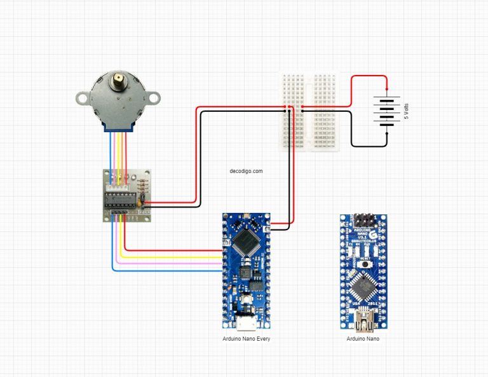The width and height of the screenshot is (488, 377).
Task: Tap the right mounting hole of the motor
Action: [154, 97]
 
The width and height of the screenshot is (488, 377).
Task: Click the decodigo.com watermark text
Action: [246, 171]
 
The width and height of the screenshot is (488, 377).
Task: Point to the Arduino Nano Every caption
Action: [246, 339]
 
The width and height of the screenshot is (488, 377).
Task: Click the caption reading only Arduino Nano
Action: [363, 339]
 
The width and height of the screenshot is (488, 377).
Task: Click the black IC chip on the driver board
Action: [120, 198]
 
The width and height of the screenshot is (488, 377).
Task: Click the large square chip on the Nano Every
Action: [245, 241]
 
